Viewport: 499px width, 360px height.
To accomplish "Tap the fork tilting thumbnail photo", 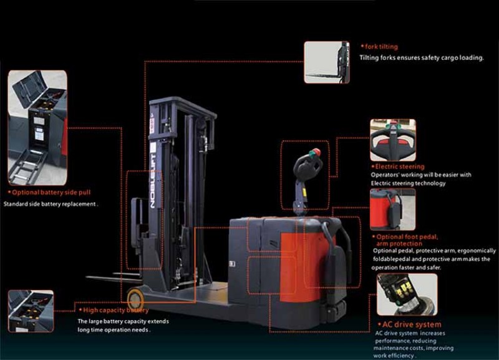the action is click(326, 62).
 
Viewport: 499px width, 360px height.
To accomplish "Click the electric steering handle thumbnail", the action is click(393, 140).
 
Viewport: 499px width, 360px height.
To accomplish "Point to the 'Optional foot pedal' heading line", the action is click(407, 237).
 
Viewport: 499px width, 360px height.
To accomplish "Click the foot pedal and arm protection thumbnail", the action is click(393, 210).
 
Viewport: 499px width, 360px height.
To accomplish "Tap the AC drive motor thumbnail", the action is click(407, 294).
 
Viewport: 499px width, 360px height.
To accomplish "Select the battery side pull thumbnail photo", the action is click(37, 128).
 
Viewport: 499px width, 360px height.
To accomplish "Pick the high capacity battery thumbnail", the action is click(31, 311).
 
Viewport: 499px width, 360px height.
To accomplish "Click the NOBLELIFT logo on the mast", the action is click(152, 181).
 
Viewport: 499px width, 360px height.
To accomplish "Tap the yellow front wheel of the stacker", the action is click(135, 298).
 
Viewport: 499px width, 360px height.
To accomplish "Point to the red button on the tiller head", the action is click(316, 152).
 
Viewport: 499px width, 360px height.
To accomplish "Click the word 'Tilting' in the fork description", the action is click(369, 58).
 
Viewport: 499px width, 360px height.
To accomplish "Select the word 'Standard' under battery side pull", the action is click(15, 204).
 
